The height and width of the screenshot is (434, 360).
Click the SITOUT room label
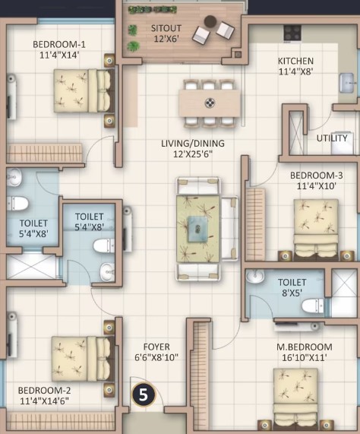[x=166, y=28]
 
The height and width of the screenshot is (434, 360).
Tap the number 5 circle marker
[x=144, y=395]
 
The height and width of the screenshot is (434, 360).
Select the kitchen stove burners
[x=292, y=33]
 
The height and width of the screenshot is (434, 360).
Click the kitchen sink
[x=346, y=83]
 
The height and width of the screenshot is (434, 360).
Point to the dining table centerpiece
[x=210, y=103]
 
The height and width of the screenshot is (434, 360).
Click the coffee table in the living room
[x=197, y=230]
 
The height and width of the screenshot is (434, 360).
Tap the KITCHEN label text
[x=295, y=61]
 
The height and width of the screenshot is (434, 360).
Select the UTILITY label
[x=332, y=138]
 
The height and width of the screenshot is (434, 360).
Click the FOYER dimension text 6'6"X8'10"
[x=156, y=357]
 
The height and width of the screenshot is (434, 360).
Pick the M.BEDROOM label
[x=305, y=347]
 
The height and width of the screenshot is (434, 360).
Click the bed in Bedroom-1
[x=84, y=90]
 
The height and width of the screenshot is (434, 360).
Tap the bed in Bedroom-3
[x=316, y=230]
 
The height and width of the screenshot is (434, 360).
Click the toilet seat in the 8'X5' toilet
[x=312, y=306]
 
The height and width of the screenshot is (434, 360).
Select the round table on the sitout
[x=210, y=21]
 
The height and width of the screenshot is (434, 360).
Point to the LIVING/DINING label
[x=193, y=144]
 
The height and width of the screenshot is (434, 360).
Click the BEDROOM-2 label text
[x=44, y=391]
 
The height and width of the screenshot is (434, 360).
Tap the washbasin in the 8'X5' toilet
[x=255, y=277]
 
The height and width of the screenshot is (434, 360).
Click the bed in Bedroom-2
[x=83, y=359]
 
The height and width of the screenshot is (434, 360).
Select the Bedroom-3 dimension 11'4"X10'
[x=316, y=186]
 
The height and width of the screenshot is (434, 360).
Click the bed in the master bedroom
[x=295, y=399]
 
